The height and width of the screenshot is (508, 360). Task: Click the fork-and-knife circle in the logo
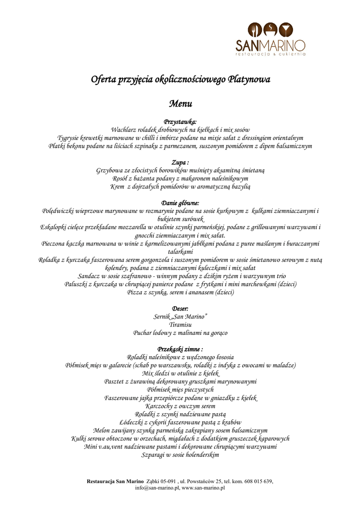coord(255,30)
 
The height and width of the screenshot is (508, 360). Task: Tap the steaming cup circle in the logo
coord(270,30)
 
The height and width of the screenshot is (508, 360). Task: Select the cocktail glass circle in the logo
coord(286,30)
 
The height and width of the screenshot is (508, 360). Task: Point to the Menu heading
coord(180,104)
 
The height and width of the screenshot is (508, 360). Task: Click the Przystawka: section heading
coord(180,122)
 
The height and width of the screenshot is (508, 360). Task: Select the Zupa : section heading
coord(180,162)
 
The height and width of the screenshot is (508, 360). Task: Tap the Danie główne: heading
coord(180,203)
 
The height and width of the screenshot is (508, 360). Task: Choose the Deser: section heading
coord(180,309)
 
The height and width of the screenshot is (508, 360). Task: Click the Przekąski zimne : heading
coord(180,349)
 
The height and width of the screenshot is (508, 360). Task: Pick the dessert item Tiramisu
coord(180,325)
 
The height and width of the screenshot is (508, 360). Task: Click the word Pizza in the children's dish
coord(136,292)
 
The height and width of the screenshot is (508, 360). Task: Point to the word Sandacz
coord(90,276)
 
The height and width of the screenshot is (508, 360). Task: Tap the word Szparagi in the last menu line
coord(154,454)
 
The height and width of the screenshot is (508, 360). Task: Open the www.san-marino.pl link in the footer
coord(204,488)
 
